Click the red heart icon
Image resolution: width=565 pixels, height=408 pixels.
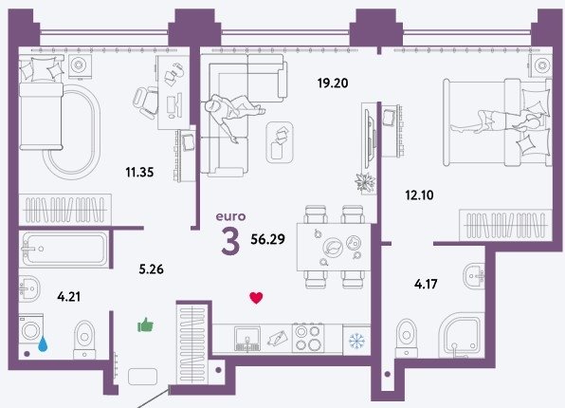(x=256, y=298)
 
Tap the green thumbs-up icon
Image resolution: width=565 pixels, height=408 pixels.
(x=146, y=325)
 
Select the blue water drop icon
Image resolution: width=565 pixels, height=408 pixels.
(x=43, y=343)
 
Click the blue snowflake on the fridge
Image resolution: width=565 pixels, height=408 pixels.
(x=356, y=341)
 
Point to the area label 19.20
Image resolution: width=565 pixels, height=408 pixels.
(x=333, y=83)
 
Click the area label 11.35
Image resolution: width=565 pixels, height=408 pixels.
(x=139, y=172)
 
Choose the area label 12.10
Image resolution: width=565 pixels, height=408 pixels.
(x=419, y=195)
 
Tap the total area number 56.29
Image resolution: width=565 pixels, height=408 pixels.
(x=267, y=239)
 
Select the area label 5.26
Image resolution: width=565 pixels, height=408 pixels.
(x=152, y=269)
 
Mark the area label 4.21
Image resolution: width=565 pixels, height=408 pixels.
(x=69, y=297)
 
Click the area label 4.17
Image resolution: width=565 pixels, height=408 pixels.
(x=426, y=285)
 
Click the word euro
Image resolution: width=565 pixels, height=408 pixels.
(x=230, y=216)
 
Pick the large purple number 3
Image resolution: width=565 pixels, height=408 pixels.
(x=230, y=242)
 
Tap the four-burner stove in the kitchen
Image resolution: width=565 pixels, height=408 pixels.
(x=308, y=338)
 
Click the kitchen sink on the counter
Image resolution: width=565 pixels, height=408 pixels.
(x=247, y=339)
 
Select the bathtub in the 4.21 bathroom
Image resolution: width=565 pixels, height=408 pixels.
(x=64, y=250)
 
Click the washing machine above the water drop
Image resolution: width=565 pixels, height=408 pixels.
(x=31, y=328)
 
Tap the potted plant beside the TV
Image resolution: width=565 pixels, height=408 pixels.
(x=365, y=182)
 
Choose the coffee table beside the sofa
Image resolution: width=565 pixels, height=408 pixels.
(x=280, y=141)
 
